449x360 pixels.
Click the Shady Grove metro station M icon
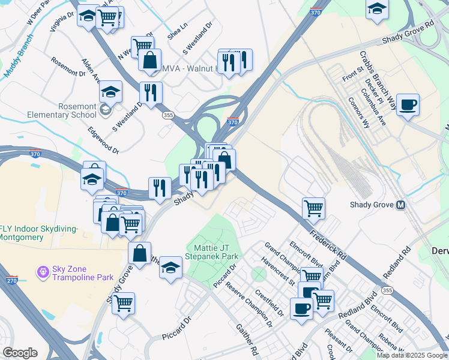400,205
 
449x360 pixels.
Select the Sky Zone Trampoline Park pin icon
43,272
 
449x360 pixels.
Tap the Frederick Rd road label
328,243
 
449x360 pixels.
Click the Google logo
20,352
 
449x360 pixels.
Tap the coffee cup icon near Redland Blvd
301,308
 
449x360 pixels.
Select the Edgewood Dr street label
103,140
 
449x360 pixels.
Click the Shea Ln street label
178,35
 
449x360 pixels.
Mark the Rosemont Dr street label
68,67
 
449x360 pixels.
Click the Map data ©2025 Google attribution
412,355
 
